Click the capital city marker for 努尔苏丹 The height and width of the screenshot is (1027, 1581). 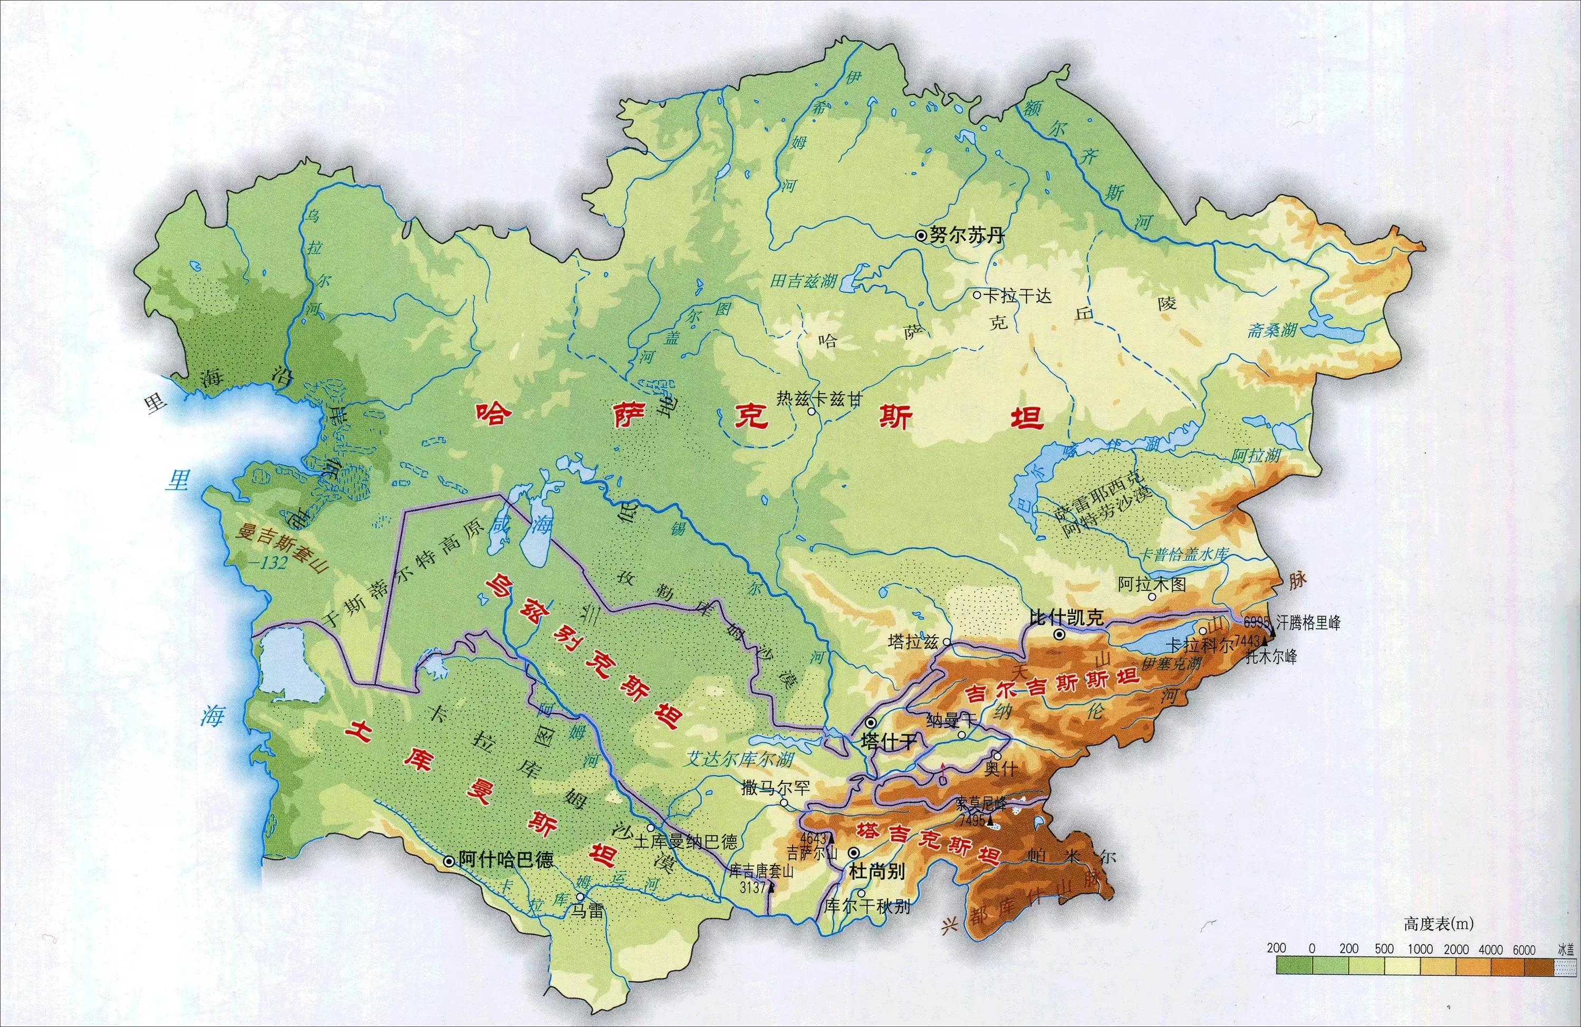[x=921, y=235]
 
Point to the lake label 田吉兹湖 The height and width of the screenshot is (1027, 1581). [x=803, y=281]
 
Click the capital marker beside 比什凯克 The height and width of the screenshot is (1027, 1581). [x=1059, y=635]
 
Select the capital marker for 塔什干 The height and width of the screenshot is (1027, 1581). [x=870, y=723]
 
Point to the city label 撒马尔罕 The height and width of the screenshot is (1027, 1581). [x=775, y=788]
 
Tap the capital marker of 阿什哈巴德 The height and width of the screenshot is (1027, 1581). [x=449, y=861]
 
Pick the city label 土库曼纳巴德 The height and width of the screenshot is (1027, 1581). [x=686, y=842]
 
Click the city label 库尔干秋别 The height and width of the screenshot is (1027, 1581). [x=867, y=906]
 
